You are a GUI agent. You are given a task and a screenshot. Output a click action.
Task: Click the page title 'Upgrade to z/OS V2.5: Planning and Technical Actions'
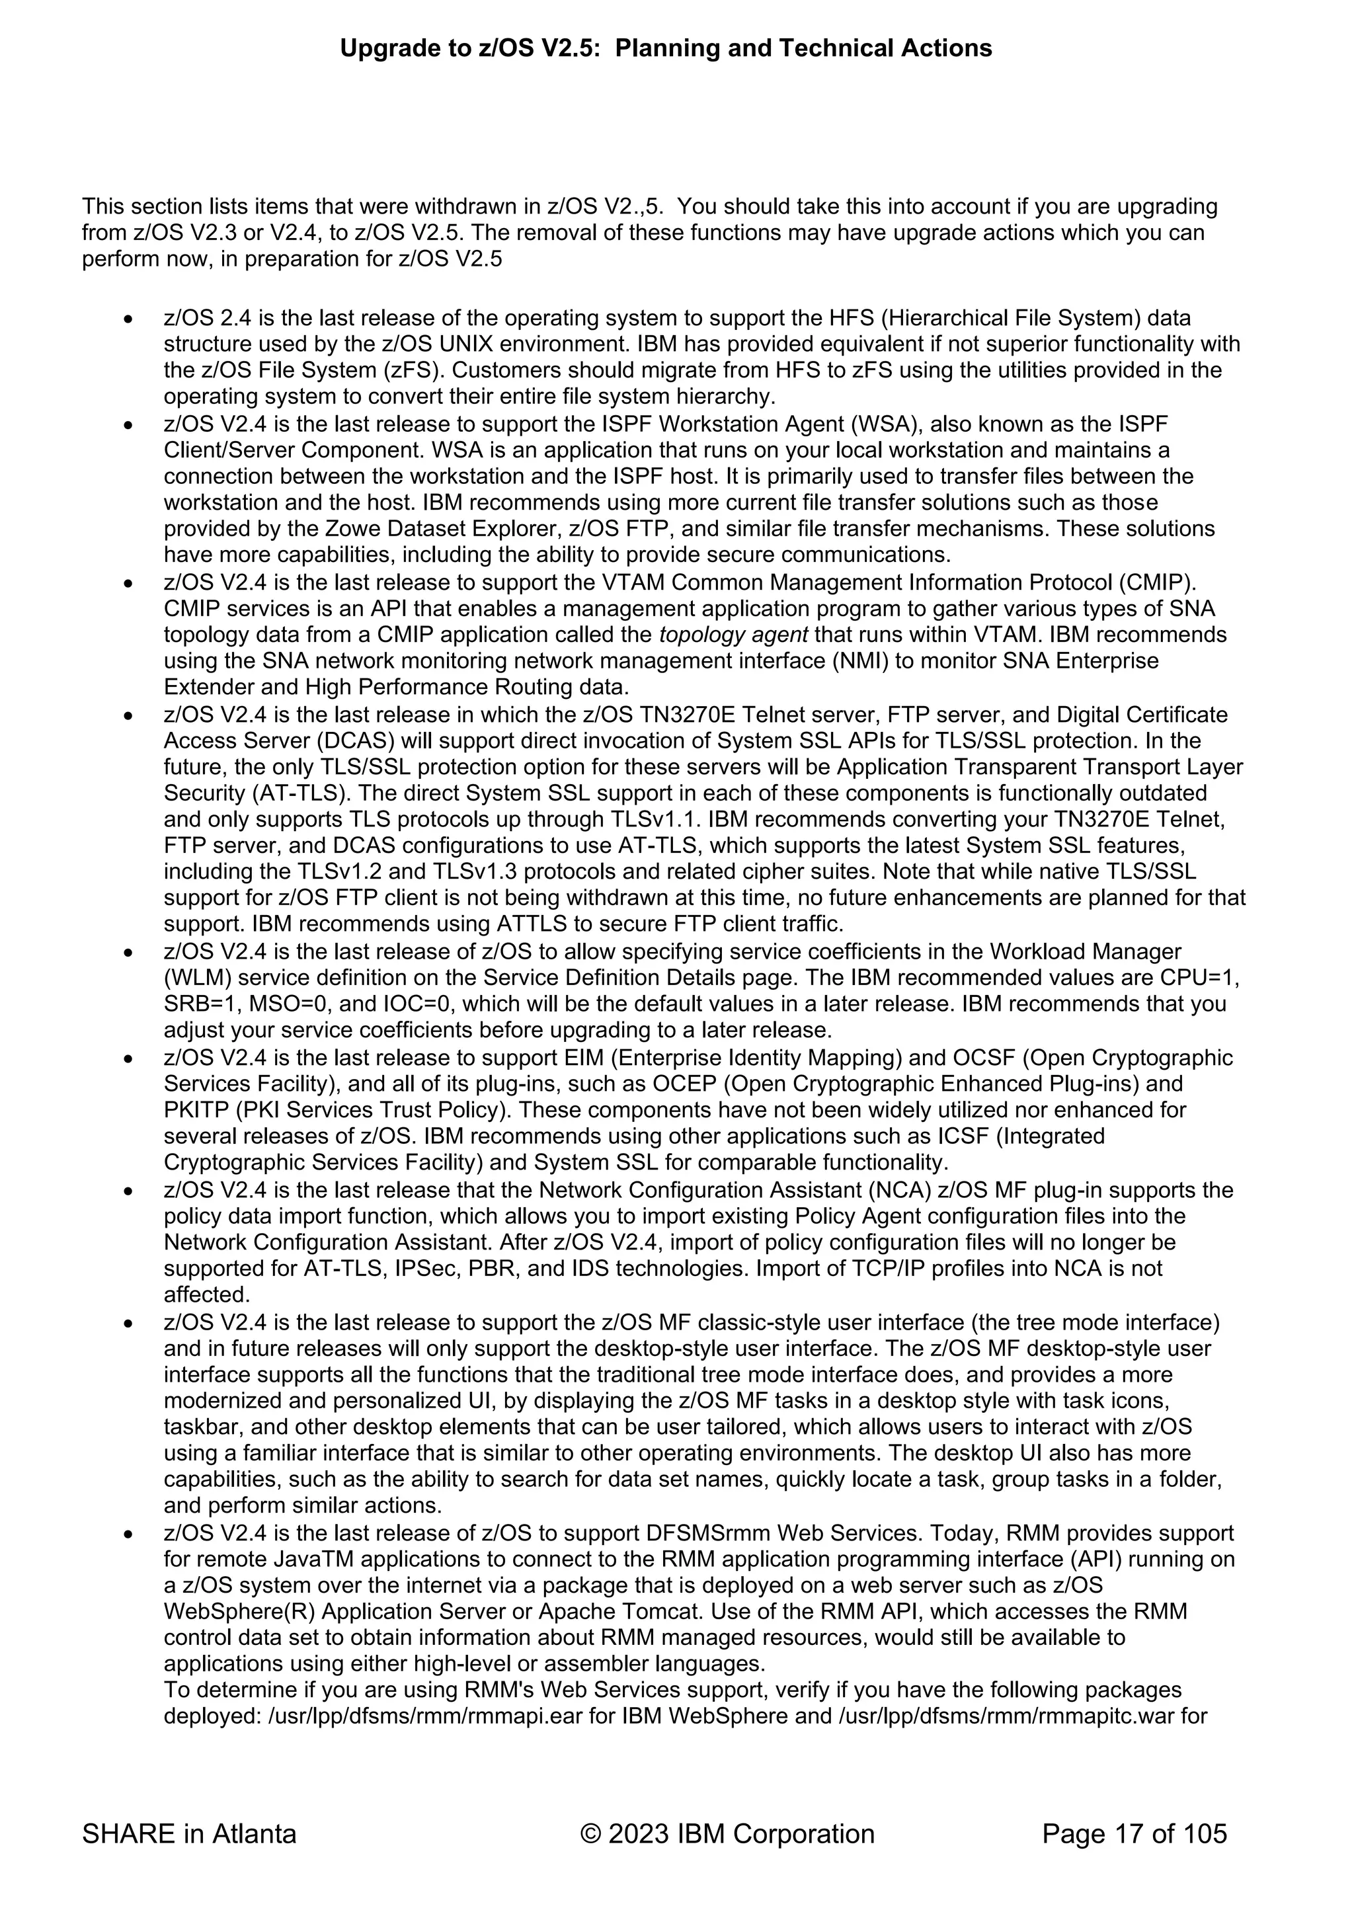point(665,48)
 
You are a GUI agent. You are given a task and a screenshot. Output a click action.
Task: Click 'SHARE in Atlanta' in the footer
point(189,1834)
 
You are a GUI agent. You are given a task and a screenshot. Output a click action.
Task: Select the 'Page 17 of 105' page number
point(1134,1834)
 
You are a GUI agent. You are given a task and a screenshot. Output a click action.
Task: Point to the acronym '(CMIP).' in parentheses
point(1157,582)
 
